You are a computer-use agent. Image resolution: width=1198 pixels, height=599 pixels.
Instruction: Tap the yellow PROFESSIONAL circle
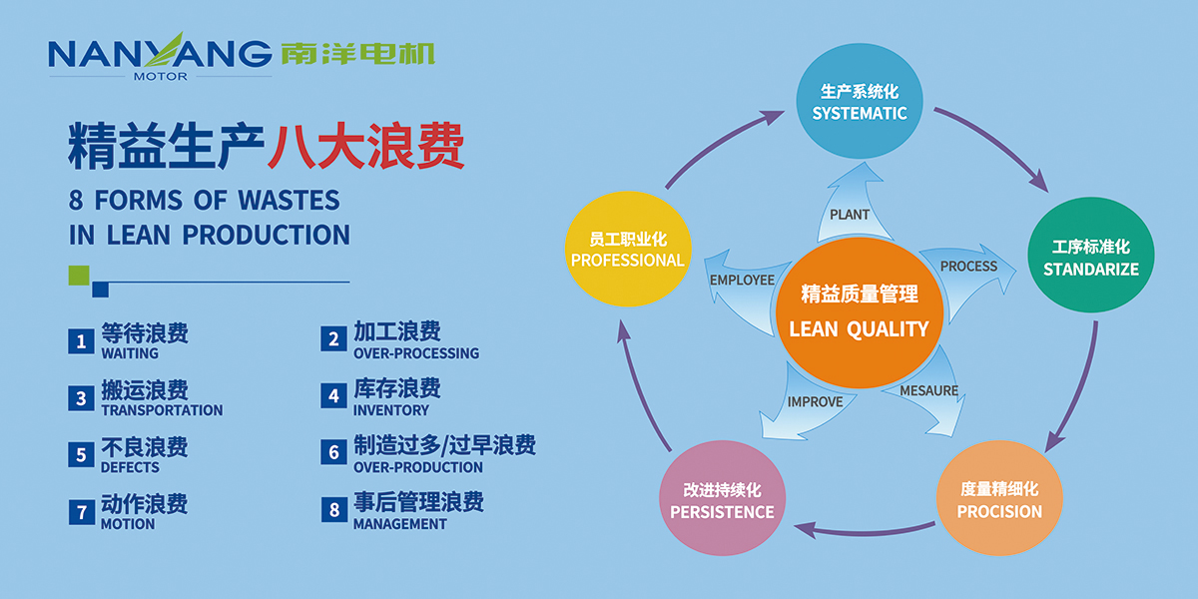[627, 250]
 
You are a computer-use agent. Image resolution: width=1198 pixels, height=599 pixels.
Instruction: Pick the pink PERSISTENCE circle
[722, 500]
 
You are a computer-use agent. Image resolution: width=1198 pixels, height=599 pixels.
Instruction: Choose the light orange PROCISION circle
[998, 500]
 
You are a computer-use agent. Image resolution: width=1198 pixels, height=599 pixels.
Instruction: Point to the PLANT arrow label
[850, 214]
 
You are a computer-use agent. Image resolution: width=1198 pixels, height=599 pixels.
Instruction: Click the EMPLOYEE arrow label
[742, 281]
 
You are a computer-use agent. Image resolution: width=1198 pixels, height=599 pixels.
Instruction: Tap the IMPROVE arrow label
[815, 401]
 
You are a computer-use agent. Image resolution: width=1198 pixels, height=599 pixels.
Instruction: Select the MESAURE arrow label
[928, 390]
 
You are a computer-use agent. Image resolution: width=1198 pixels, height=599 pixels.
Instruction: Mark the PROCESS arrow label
[968, 267]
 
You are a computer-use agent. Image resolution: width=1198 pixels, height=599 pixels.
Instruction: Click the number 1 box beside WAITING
[81, 340]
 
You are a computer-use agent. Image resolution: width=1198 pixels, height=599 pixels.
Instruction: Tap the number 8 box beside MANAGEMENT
[333, 511]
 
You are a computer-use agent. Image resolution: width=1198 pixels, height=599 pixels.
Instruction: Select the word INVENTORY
[391, 410]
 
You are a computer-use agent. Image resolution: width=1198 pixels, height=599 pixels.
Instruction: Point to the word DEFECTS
[130, 467]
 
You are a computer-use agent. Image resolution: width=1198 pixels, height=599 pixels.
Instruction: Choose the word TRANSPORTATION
[162, 410]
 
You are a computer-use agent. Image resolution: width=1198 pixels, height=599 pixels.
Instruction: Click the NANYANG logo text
[160, 52]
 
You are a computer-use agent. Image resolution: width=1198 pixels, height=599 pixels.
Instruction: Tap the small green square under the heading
[79, 275]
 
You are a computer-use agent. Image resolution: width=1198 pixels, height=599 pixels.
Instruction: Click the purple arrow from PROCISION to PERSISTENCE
[865, 530]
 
